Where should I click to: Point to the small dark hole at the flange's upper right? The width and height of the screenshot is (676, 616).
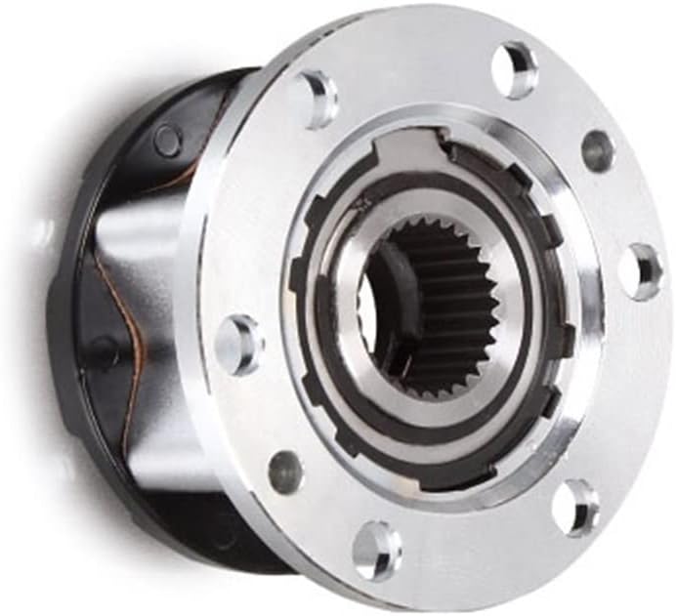point(597,150)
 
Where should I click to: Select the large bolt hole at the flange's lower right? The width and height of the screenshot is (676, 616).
point(574,505)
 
